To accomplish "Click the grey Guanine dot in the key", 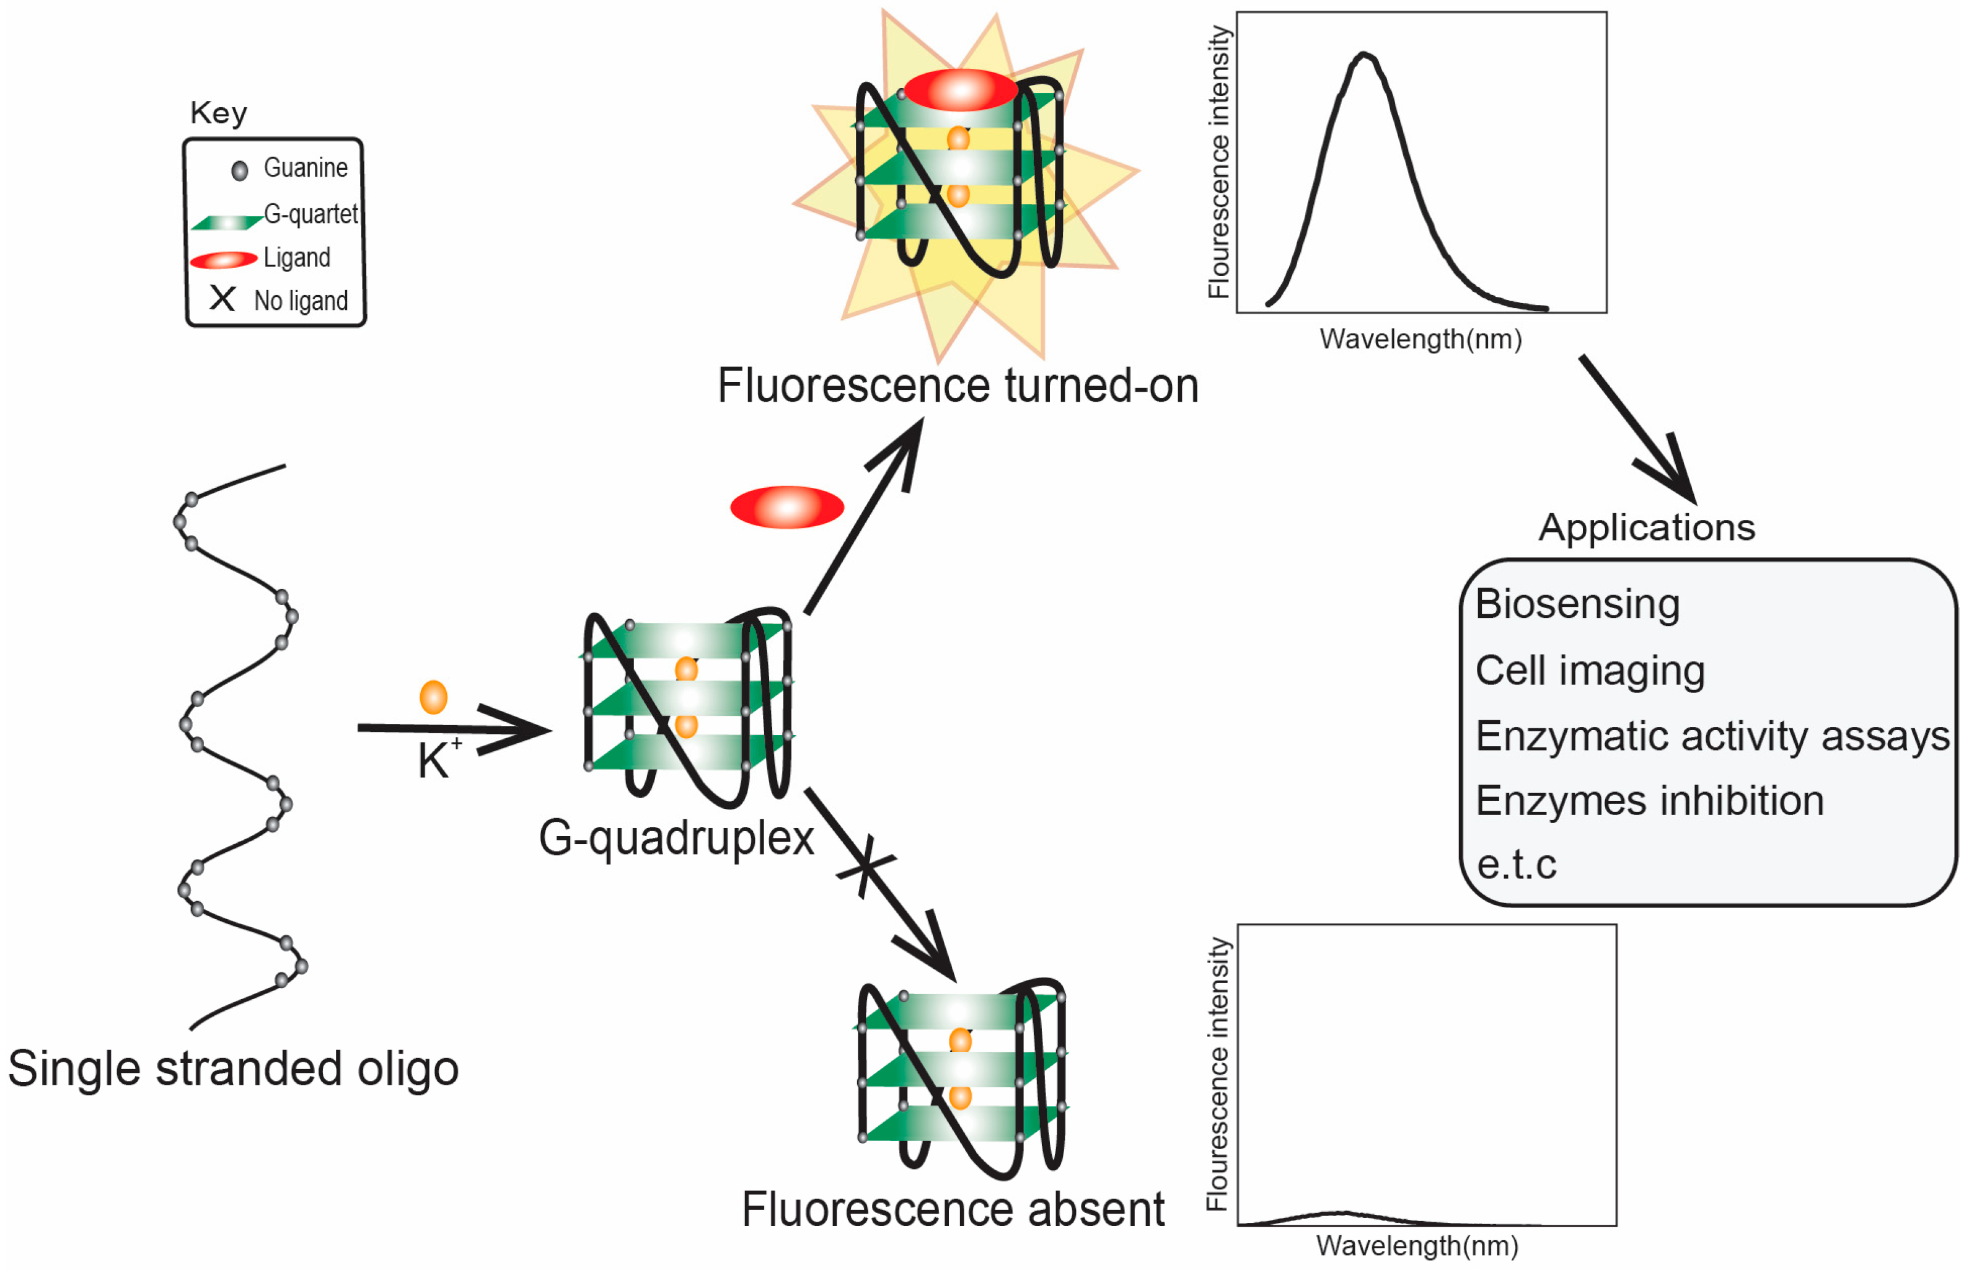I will (240, 170).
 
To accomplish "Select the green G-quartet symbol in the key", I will (226, 222).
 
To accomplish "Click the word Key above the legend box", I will (219, 113).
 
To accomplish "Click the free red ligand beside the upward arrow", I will (786, 506).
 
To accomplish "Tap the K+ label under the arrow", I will (437, 759).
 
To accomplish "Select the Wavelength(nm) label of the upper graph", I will (1420, 339).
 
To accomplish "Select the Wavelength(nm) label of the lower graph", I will (1417, 1245).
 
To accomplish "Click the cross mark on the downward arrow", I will (865, 867).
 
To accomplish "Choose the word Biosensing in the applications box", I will (1577, 604).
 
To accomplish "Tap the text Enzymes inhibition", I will (1649, 800).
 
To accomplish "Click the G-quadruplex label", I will (676, 838).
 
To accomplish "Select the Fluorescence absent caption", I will (953, 1210).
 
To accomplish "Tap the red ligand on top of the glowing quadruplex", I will (961, 90).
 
